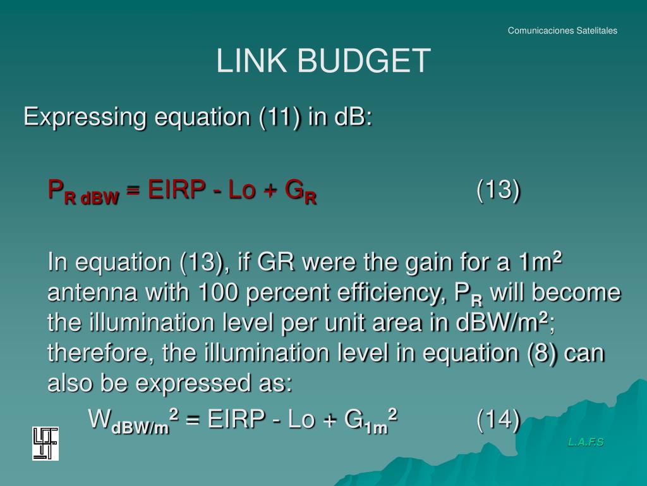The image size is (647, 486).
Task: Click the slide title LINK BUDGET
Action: tap(323, 61)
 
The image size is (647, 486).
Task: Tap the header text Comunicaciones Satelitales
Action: tap(562, 30)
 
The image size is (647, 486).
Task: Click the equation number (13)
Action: tap(499, 189)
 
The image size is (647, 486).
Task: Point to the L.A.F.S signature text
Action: tap(586, 442)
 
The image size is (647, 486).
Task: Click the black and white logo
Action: tap(45, 443)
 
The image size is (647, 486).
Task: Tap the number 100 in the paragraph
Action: tap(218, 294)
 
